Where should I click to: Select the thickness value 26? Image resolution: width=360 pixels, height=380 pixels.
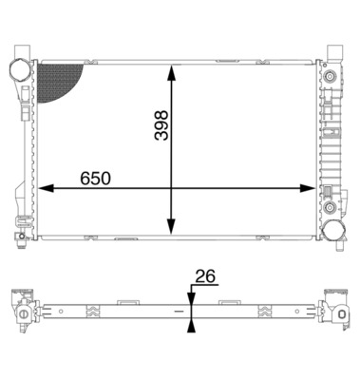coord(205,276)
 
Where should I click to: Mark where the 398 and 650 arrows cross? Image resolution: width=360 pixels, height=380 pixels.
coord(171,188)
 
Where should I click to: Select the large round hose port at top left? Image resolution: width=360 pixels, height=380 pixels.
coord(21,71)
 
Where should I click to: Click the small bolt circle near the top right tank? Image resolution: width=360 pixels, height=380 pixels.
coord(329,75)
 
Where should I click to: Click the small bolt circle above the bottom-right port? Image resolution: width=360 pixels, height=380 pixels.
coord(329,205)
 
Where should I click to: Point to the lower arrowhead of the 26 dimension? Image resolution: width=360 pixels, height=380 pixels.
coord(191,325)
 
